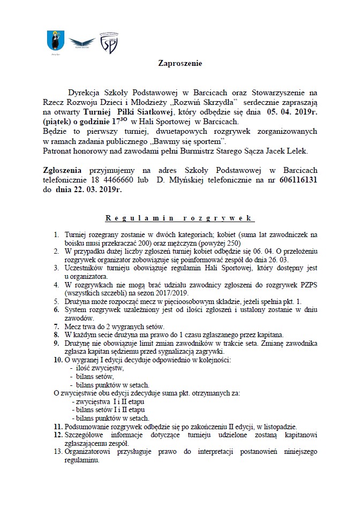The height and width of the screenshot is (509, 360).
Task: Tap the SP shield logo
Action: [110, 42]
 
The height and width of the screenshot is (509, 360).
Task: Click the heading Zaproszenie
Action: [180, 63]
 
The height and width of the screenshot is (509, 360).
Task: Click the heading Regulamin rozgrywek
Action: [180, 218]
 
